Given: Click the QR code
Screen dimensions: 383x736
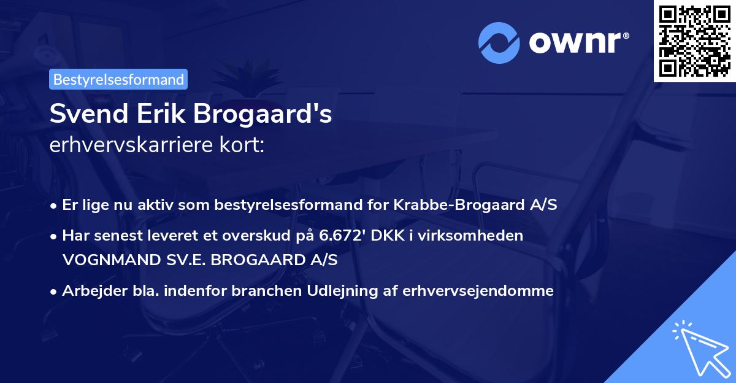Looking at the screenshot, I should (x=694, y=41).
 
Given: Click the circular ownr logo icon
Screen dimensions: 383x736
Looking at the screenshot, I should (x=499, y=43).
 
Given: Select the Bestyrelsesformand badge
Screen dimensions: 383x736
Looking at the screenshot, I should (x=118, y=79).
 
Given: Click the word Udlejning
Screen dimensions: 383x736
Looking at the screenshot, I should (x=340, y=291).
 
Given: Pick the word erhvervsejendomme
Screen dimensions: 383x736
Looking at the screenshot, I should (x=478, y=291).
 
